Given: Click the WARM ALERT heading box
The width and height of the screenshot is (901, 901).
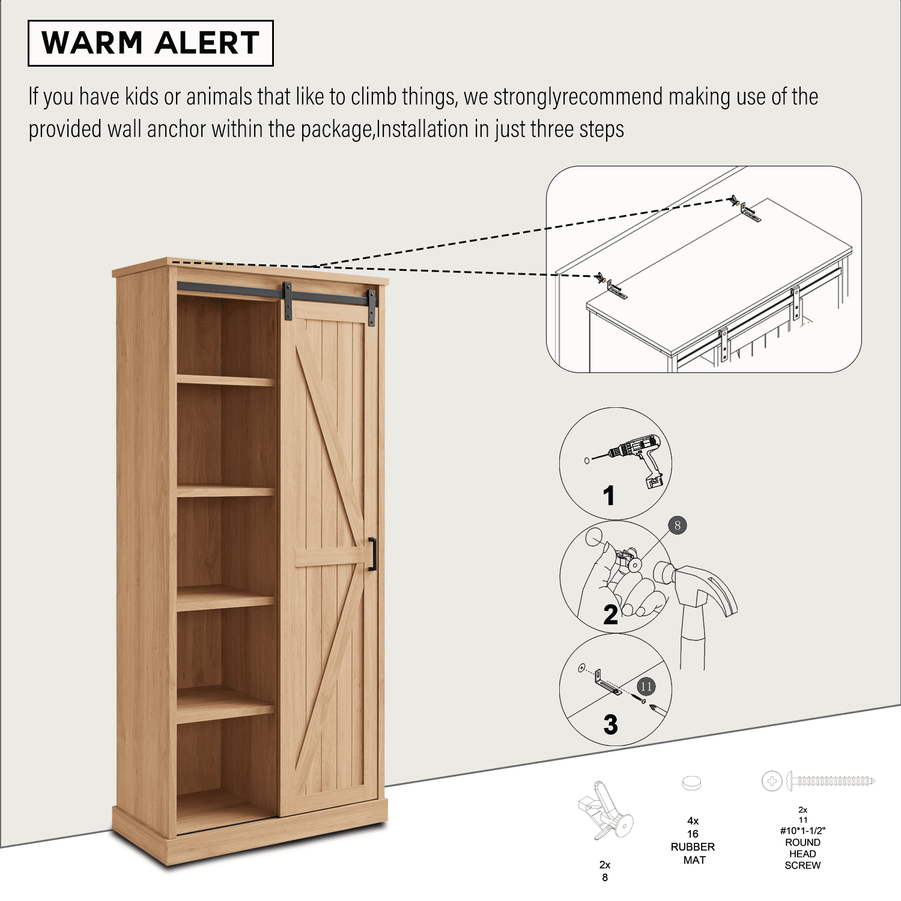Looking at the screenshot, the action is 151,43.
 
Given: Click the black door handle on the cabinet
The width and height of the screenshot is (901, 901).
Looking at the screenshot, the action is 372,554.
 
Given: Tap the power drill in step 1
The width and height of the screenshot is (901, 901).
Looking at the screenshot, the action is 636,459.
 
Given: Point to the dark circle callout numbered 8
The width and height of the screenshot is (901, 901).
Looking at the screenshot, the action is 678,526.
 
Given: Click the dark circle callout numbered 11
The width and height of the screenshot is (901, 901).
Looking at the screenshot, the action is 646,687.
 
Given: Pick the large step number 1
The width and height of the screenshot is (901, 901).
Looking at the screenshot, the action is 609,496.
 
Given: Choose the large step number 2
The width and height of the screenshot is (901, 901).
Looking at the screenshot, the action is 610,614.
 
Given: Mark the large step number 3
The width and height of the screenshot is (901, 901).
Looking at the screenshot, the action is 610,724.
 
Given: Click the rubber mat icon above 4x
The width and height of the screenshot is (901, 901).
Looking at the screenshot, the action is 692,783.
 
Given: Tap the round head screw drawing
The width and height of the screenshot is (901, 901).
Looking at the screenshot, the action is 818,781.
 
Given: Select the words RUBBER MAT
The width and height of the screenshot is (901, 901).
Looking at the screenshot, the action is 693,854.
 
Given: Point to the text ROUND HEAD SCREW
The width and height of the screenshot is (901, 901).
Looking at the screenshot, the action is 802,854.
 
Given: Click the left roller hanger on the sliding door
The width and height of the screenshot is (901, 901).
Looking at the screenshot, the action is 287,300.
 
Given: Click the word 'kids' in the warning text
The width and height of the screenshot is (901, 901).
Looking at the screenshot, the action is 142,97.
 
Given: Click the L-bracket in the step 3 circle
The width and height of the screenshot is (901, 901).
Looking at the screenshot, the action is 607,684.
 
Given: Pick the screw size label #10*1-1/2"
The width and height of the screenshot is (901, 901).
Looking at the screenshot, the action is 802,831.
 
